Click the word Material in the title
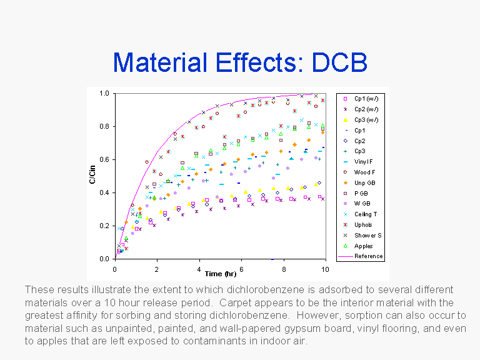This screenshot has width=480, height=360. pyautogui.click(x=159, y=62)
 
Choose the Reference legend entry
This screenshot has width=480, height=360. pyautogui.click(x=368, y=256)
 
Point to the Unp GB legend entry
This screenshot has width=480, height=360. pyautogui.click(x=365, y=182)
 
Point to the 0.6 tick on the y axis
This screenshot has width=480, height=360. pyautogui.click(x=106, y=160)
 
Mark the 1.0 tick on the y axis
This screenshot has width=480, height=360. pyautogui.click(x=106, y=94)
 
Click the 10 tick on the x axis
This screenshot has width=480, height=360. pyautogui.click(x=324, y=269)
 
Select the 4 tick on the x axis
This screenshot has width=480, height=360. pyautogui.click(x=199, y=269)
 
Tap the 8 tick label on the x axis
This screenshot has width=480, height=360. pyautogui.click(x=283, y=269)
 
